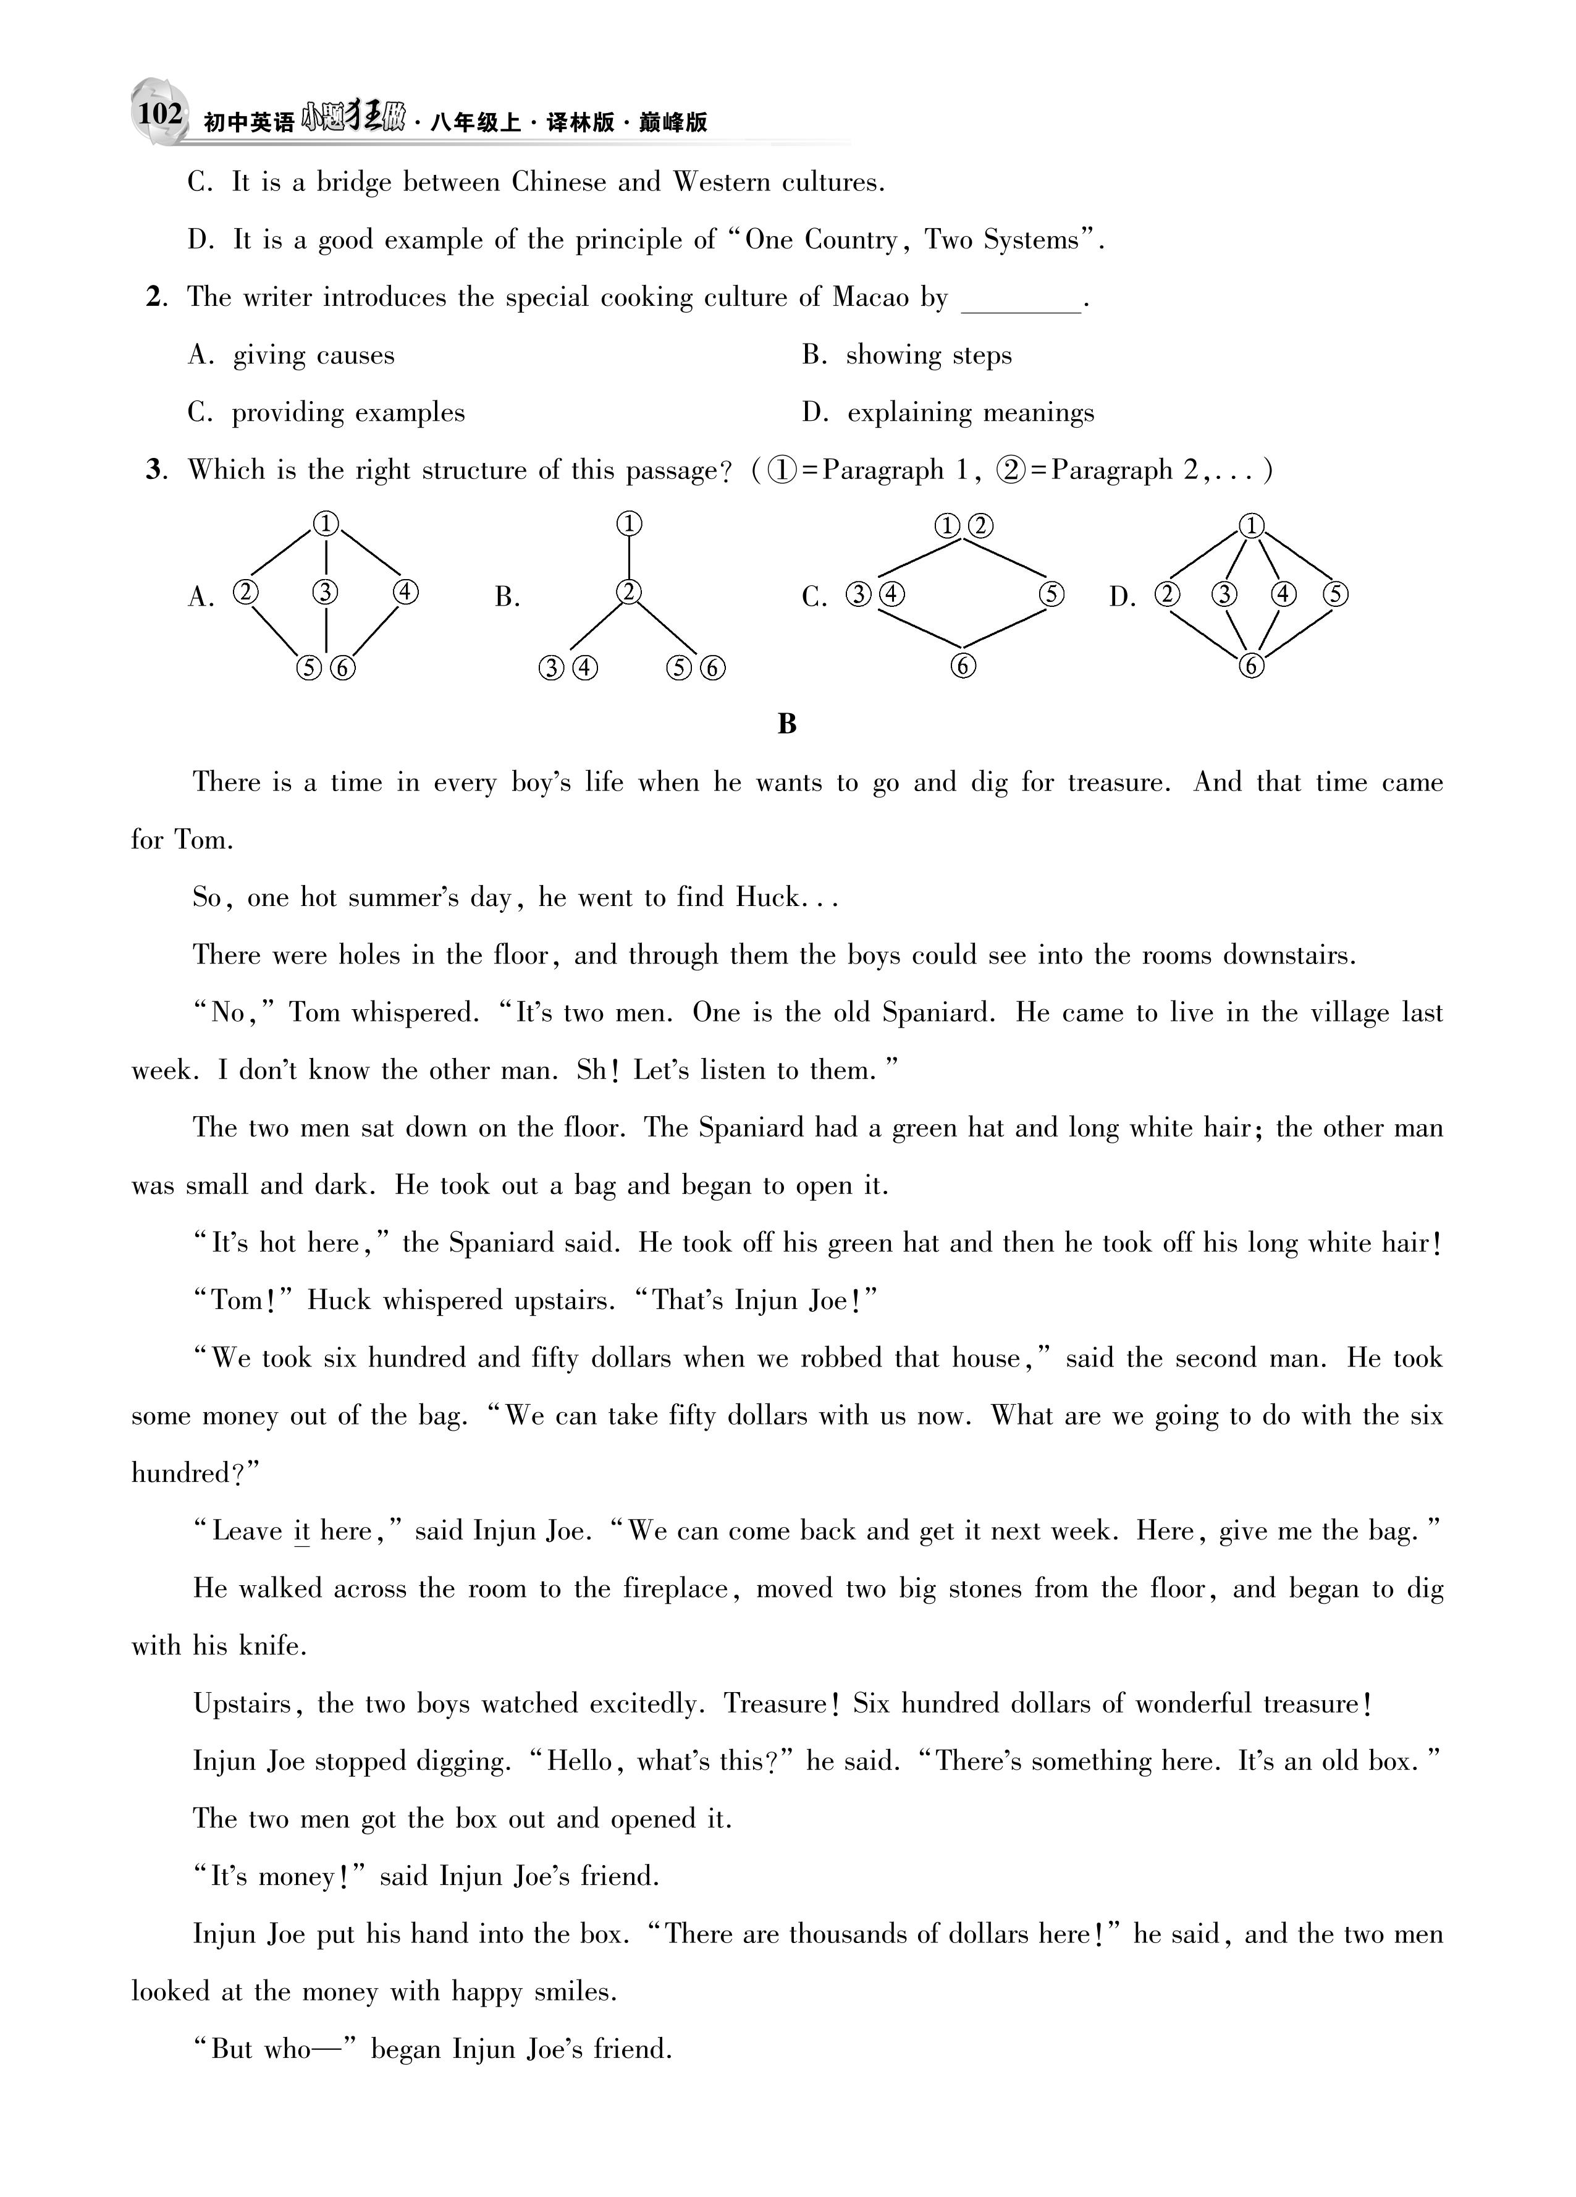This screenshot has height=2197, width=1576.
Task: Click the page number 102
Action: pyautogui.click(x=159, y=114)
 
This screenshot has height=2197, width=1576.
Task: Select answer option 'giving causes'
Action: pyautogui.click(x=313, y=355)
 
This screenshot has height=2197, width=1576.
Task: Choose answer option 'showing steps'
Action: pyautogui.click(x=928, y=355)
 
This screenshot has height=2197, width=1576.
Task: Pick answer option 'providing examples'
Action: pyautogui.click(x=348, y=413)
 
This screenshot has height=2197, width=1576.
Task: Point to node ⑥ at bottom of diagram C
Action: pyautogui.click(x=963, y=666)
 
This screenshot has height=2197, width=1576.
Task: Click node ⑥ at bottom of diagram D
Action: pyautogui.click(x=1252, y=666)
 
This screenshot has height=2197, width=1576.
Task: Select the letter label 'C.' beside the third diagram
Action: pyautogui.click(x=814, y=598)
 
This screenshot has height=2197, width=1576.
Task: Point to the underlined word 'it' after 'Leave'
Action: pyautogui.click(x=301, y=1531)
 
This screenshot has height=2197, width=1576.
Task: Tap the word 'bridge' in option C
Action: pyautogui.click(x=355, y=183)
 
